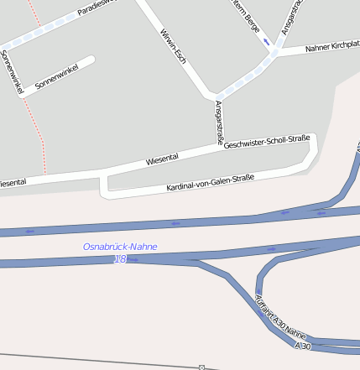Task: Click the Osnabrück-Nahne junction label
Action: click(x=120, y=247)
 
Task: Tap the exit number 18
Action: click(x=120, y=259)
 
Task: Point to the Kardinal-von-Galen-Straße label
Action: click(x=210, y=182)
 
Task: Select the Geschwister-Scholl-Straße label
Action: click(x=268, y=142)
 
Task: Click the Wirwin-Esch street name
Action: click(x=172, y=44)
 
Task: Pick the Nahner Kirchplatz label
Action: click(x=331, y=45)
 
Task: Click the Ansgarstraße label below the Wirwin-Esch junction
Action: click(x=219, y=122)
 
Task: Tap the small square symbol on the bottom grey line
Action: click(x=201, y=367)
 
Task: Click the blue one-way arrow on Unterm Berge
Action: click(x=266, y=41)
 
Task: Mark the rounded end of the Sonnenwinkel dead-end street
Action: click(x=91, y=60)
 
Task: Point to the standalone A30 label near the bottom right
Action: click(x=302, y=346)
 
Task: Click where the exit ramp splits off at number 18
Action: click(x=196, y=262)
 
